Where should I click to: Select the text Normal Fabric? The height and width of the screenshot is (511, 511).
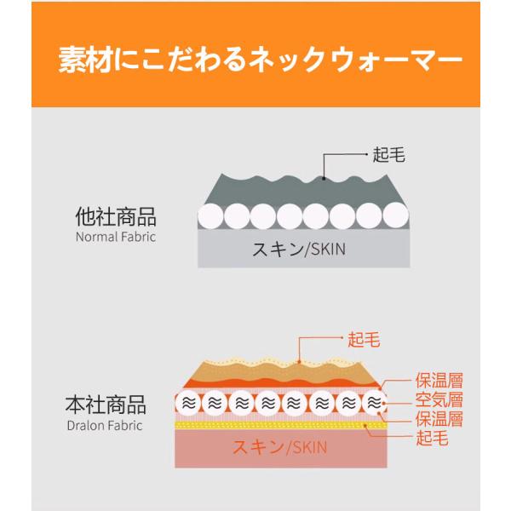pyautogui.click(x=116, y=237)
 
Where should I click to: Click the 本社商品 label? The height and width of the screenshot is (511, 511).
pyautogui.click(x=106, y=404)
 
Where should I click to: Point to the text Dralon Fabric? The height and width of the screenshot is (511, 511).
pyautogui.click(x=104, y=424)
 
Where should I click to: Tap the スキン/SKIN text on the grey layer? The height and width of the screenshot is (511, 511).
pyautogui.click(x=300, y=250)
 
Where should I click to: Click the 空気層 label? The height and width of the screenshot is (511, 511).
pyautogui.click(x=439, y=399)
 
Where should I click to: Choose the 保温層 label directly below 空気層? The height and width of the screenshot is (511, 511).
pyautogui.click(x=439, y=420)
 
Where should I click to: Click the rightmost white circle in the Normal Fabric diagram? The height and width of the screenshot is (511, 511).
pyautogui.click(x=393, y=215)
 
